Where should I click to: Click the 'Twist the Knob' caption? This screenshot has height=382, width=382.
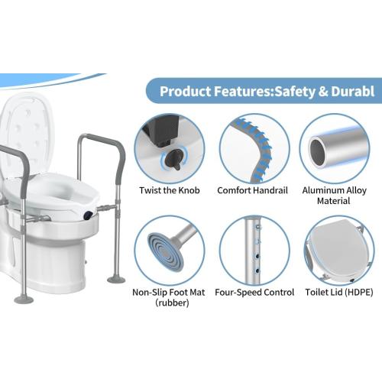coord(169,189)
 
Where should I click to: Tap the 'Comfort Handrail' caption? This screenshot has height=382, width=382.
coord(253,189)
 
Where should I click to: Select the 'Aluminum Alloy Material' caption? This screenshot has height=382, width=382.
coord(335,195)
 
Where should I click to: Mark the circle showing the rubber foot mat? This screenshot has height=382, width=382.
coord(169,248)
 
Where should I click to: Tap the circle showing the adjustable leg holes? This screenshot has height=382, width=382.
coord(253,248)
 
